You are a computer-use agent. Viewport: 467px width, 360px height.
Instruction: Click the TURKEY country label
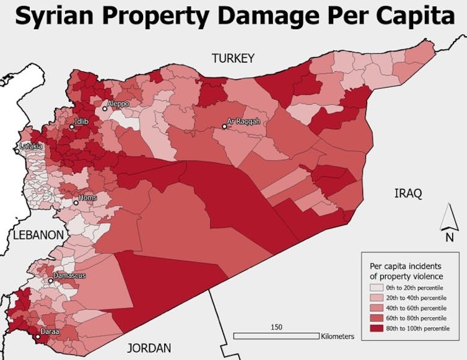(x=233, y=59)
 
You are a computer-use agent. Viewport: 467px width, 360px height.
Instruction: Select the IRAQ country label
(x=408, y=194)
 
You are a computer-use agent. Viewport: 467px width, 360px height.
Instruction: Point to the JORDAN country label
(x=149, y=348)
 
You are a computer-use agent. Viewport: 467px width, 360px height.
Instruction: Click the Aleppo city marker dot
(x=105, y=108)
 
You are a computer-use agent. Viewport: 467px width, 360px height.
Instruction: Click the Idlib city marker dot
(x=71, y=127)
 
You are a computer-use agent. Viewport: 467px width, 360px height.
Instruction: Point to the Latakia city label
(x=32, y=146)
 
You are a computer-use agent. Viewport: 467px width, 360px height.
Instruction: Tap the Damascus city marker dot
(x=51, y=280)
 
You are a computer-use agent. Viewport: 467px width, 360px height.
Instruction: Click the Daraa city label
(x=50, y=332)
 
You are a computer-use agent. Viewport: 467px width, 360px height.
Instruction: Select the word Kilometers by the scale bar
(x=338, y=336)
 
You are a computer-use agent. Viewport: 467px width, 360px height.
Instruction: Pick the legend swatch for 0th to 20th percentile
(x=376, y=288)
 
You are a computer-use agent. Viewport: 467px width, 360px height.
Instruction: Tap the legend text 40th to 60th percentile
(x=415, y=308)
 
